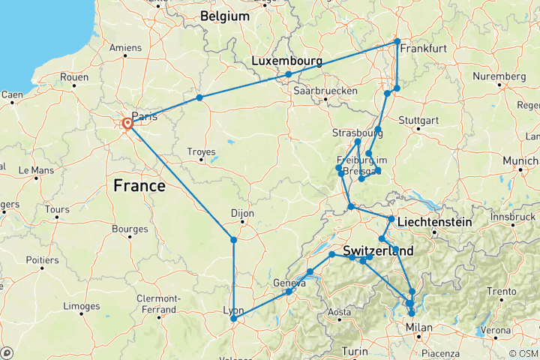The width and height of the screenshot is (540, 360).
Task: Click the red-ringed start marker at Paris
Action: pos(127,124)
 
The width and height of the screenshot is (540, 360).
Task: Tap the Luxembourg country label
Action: pos(287,60)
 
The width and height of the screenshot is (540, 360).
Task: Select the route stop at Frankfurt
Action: pos(397,41)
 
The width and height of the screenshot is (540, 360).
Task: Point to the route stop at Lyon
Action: pos(234,319)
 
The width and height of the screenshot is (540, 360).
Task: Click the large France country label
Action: pos(139,185)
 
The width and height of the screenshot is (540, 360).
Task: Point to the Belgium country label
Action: pos(225,16)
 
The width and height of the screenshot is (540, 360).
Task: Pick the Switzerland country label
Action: pos(379,250)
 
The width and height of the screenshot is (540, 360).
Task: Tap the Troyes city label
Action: pos(201,151)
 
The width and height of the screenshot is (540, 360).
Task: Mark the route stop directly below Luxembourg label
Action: pos(288,74)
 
